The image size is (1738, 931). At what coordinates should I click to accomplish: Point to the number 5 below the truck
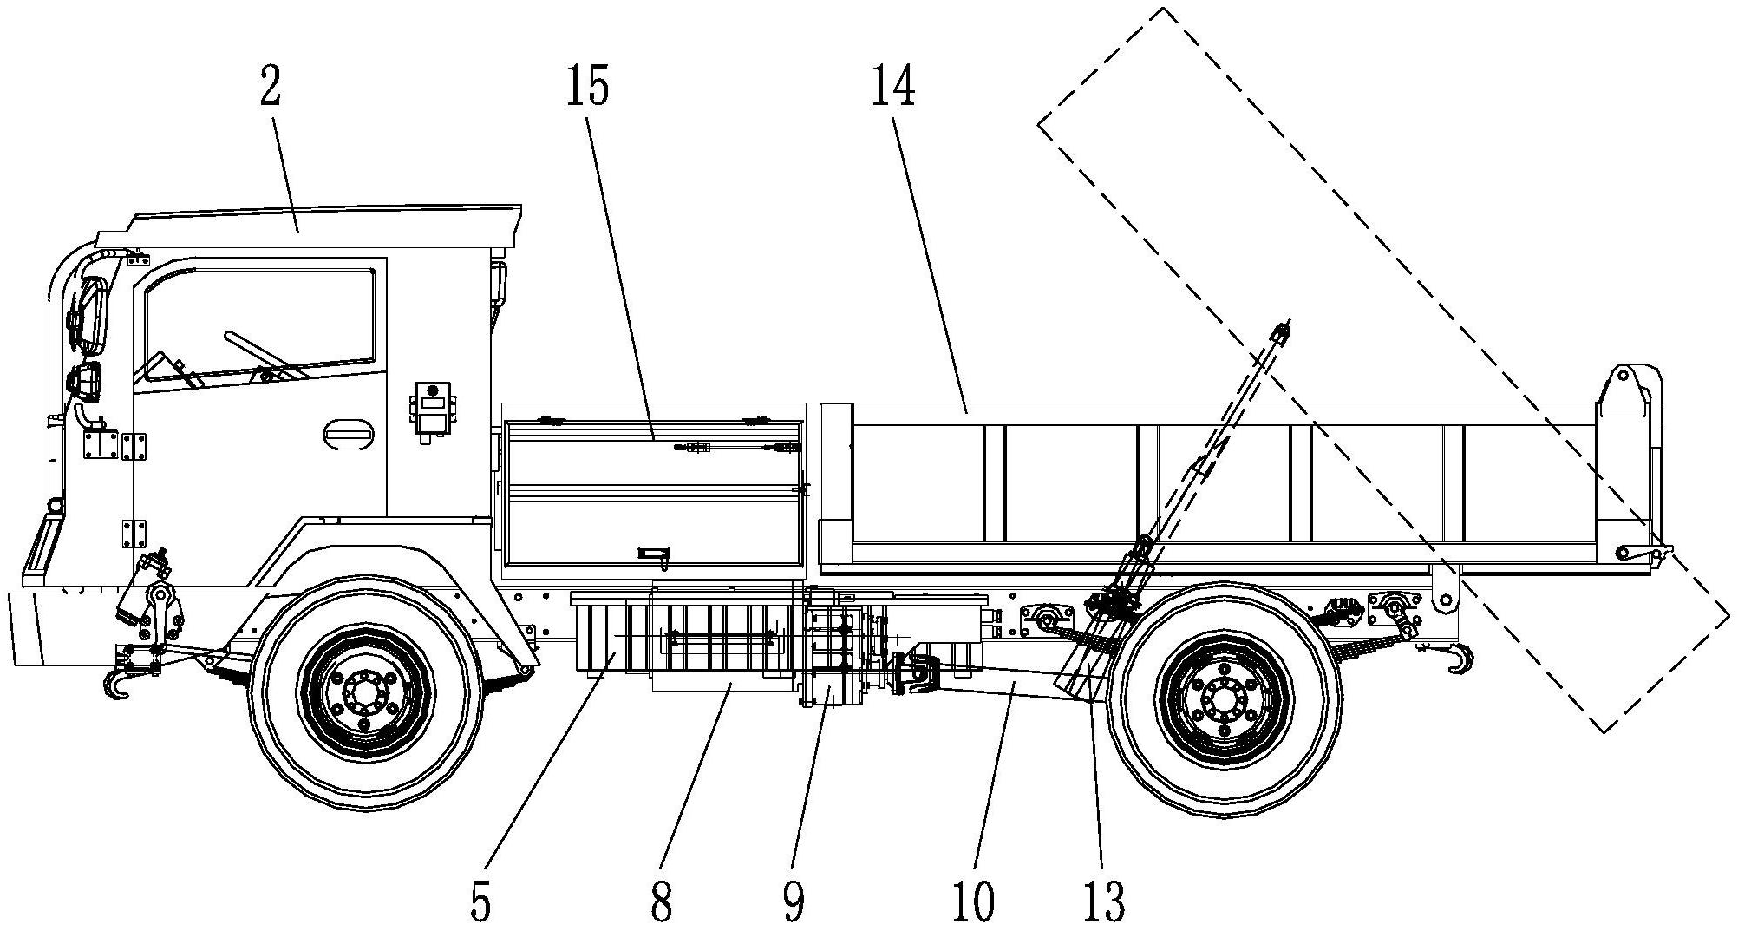[x=480, y=902]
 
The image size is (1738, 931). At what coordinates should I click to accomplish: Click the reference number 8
[x=661, y=902]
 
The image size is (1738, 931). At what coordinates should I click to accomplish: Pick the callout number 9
[x=793, y=902]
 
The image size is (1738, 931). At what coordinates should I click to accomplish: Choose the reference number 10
[x=972, y=902]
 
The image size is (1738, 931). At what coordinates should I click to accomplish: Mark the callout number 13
[x=1104, y=902]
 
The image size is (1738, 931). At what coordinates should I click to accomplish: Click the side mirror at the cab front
[x=93, y=312]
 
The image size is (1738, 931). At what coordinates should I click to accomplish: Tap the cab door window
[x=260, y=321]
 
